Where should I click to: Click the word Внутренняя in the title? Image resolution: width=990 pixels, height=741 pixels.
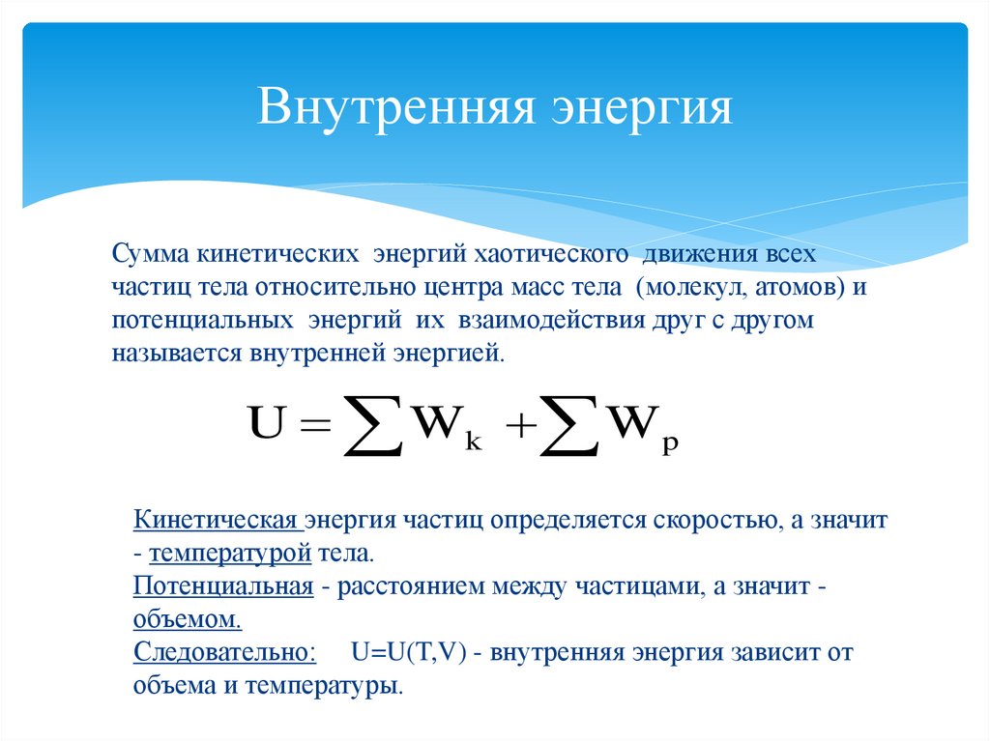[x=395, y=108]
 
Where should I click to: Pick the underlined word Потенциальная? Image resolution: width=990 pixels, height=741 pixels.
[x=223, y=586]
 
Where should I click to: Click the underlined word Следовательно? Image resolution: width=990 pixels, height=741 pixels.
[x=224, y=652]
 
